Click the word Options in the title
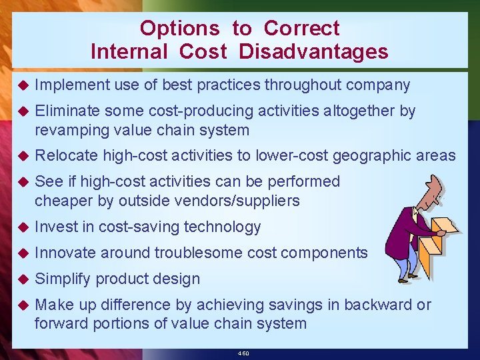coord(179,28)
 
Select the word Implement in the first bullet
coord(72,85)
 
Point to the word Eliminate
coord(67,111)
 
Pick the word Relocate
coord(65,156)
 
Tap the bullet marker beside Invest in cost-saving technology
coord(21,227)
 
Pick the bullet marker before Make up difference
coord(21,305)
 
